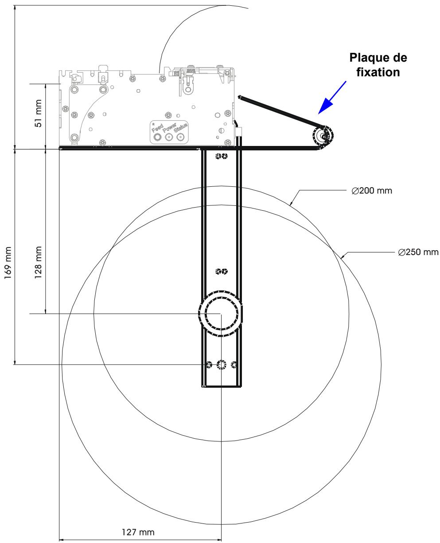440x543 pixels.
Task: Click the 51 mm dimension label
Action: click(39, 117)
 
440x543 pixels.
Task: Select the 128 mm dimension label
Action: click(39, 261)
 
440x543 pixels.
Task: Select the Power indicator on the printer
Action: click(168, 138)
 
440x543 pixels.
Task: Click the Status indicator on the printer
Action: click(180, 138)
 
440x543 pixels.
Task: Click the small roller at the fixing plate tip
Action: click(324, 136)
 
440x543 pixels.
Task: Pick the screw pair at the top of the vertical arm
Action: click(221, 156)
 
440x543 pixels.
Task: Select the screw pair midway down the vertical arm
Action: click(221, 271)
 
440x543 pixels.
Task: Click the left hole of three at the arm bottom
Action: click(209, 365)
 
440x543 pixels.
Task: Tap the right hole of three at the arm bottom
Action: click(234, 365)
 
